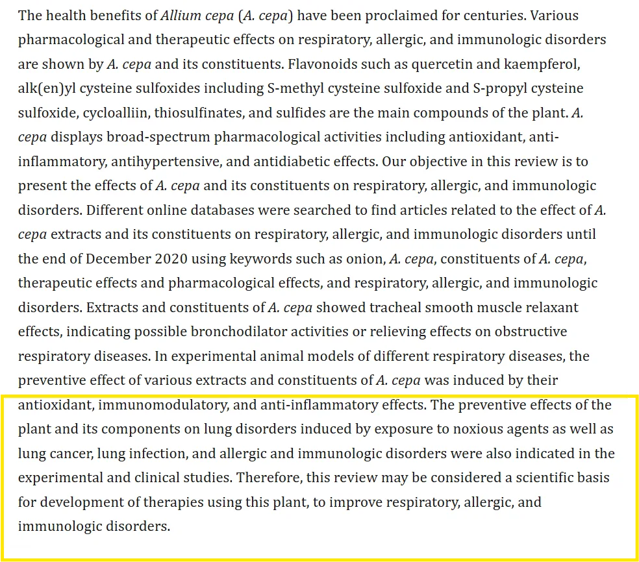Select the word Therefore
[x=268, y=478]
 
